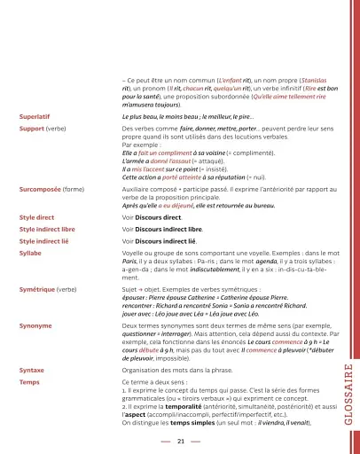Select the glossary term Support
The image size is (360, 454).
[32, 129]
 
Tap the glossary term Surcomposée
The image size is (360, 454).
[39, 189]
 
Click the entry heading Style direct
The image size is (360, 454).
[37, 216]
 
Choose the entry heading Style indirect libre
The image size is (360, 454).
[50, 229]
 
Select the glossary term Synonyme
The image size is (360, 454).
[35, 326]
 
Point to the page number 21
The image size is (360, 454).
[180, 440]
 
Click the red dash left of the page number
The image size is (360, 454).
[166, 440]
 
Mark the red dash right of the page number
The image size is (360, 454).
[195, 440]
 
